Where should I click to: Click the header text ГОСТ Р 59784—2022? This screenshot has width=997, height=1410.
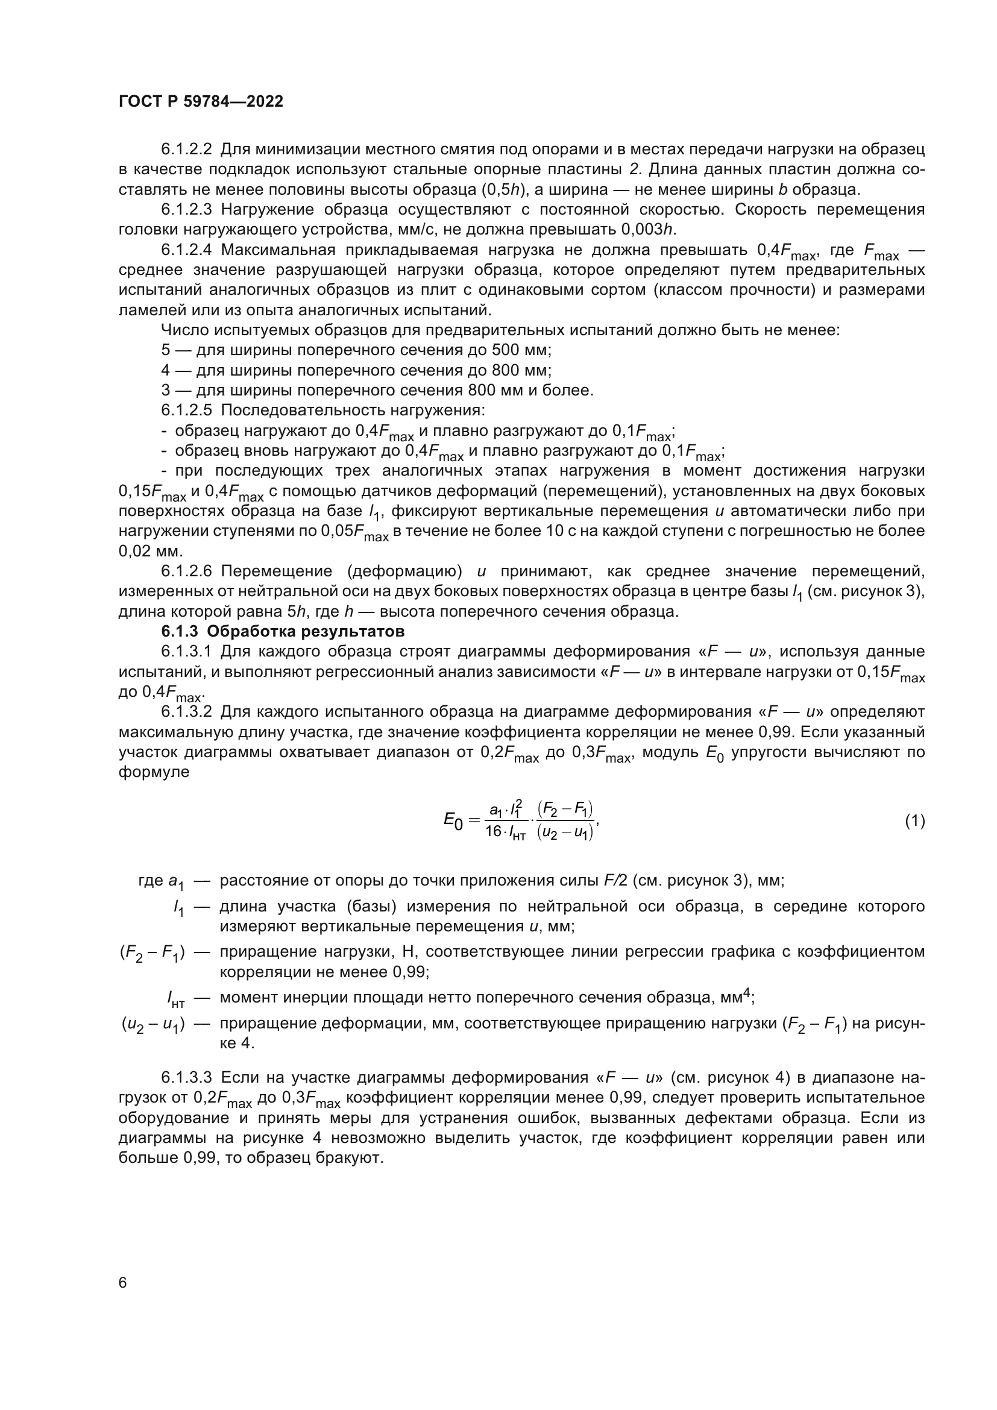(x=201, y=102)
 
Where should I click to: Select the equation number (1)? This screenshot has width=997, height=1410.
(x=914, y=821)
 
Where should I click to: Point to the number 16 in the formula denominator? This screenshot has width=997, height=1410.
(x=494, y=832)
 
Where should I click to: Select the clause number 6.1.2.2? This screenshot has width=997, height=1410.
(x=187, y=149)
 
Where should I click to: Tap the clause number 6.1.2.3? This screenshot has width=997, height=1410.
(x=187, y=209)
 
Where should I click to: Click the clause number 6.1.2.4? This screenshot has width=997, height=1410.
(x=187, y=250)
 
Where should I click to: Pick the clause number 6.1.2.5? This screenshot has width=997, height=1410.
(x=187, y=409)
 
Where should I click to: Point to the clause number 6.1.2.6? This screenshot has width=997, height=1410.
(x=187, y=571)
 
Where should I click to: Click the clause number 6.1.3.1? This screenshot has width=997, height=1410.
(x=187, y=651)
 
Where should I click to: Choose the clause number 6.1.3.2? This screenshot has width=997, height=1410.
(x=187, y=712)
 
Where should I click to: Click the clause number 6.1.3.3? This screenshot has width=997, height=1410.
(x=187, y=1078)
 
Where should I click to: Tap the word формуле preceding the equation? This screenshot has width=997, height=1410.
(x=154, y=772)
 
